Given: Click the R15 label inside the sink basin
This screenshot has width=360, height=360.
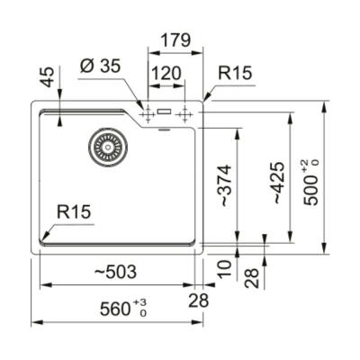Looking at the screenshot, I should tap(74, 212).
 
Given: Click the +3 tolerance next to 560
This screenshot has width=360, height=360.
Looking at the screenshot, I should tap(142, 303).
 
